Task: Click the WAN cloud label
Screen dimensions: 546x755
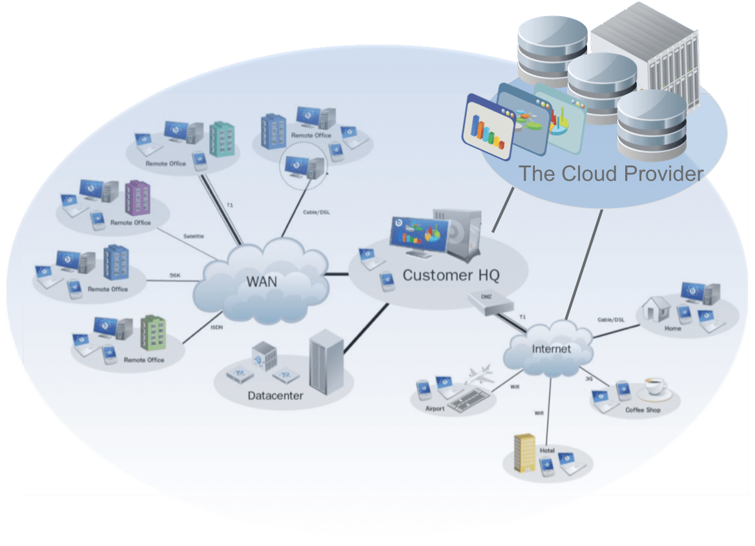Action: point(262,282)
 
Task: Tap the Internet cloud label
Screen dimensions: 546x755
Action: point(551,349)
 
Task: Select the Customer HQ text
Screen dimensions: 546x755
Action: point(451,275)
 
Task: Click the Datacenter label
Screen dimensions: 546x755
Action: point(275,395)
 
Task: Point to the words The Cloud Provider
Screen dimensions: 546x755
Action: point(610,174)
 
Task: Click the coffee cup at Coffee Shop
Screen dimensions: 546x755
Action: point(654,387)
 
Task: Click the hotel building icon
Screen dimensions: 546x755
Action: point(524,452)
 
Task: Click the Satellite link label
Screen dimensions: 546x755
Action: point(193,236)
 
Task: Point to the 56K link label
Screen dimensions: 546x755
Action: point(175,275)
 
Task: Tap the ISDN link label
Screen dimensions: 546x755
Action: point(217,327)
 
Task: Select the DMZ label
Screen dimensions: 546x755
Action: point(487,296)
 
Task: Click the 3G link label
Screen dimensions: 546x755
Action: point(588,378)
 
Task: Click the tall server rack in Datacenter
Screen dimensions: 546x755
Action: point(326,362)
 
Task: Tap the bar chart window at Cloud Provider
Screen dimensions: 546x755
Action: point(488,127)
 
